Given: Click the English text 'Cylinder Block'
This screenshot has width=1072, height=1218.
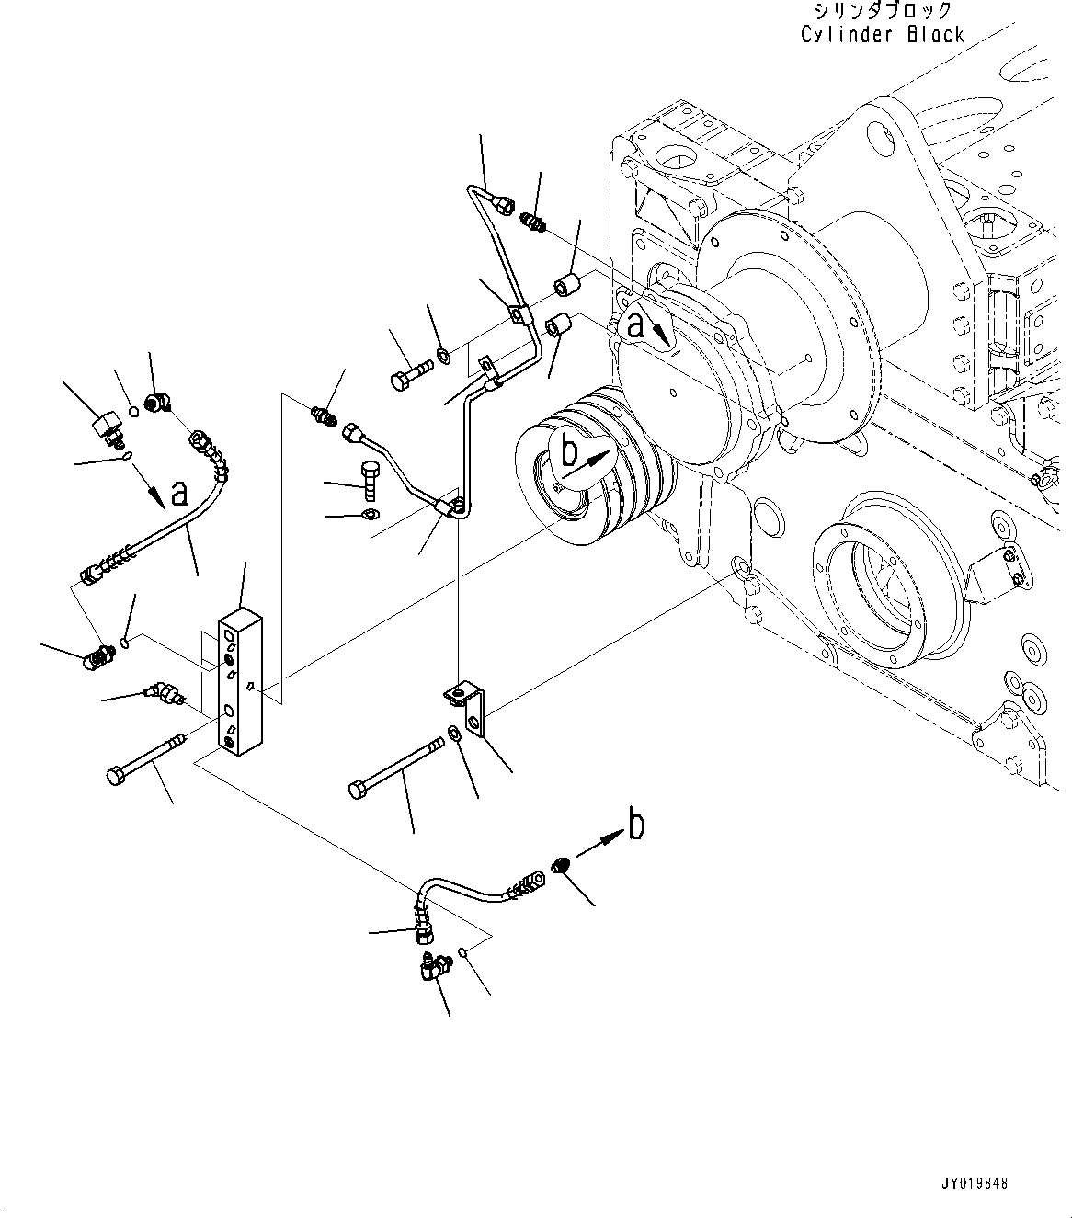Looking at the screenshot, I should click(882, 35).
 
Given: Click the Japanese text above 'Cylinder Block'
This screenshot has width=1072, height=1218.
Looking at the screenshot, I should click(882, 11).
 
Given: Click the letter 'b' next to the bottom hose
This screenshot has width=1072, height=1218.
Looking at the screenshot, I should click(635, 825).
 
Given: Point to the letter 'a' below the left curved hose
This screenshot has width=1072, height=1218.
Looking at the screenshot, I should click(178, 493).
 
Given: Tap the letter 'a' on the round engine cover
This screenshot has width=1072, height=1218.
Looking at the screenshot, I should click(635, 324).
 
